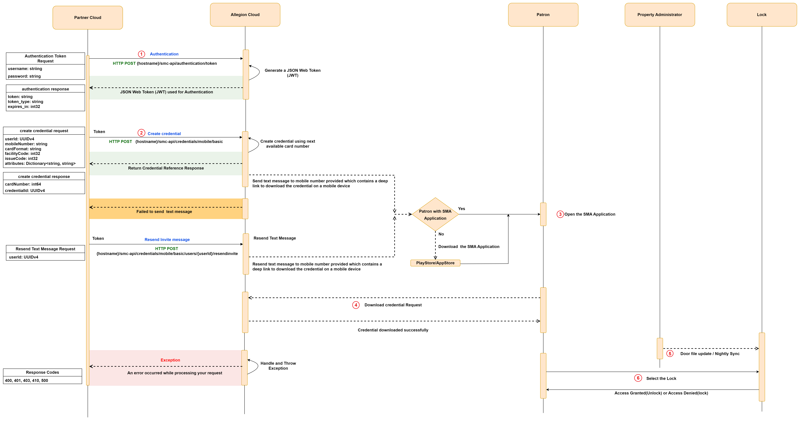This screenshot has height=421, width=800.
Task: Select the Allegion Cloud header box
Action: [x=245, y=15]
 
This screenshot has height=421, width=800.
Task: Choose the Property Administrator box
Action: [x=660, y=15]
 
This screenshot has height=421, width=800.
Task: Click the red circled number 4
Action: [x=356, y=305]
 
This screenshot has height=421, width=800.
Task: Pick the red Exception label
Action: [x=170, y=360]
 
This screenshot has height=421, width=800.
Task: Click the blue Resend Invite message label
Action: [x=167, y=240]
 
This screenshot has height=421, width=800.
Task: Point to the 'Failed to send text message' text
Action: [x=164, y=212]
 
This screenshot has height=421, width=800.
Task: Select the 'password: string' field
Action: [x=24, y=76]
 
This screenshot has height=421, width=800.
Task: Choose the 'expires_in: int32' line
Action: [x=24, y=107]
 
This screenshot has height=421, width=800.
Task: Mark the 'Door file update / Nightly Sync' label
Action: [x=710, y=354]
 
